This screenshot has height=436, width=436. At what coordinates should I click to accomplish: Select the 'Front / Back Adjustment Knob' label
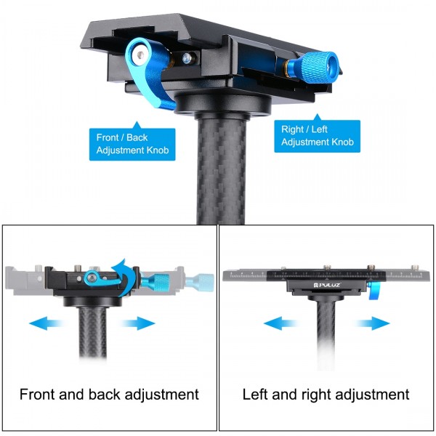[133, 144]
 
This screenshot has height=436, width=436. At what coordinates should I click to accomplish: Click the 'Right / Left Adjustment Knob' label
[318, 136]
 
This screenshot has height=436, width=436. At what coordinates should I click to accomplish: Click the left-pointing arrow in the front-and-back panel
[46, 323]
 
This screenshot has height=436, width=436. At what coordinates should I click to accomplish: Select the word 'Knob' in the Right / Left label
[339, 142]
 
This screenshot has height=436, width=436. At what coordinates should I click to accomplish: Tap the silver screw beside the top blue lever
[188, 58]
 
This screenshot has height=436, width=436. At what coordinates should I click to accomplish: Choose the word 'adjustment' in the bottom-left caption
[161, 395]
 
